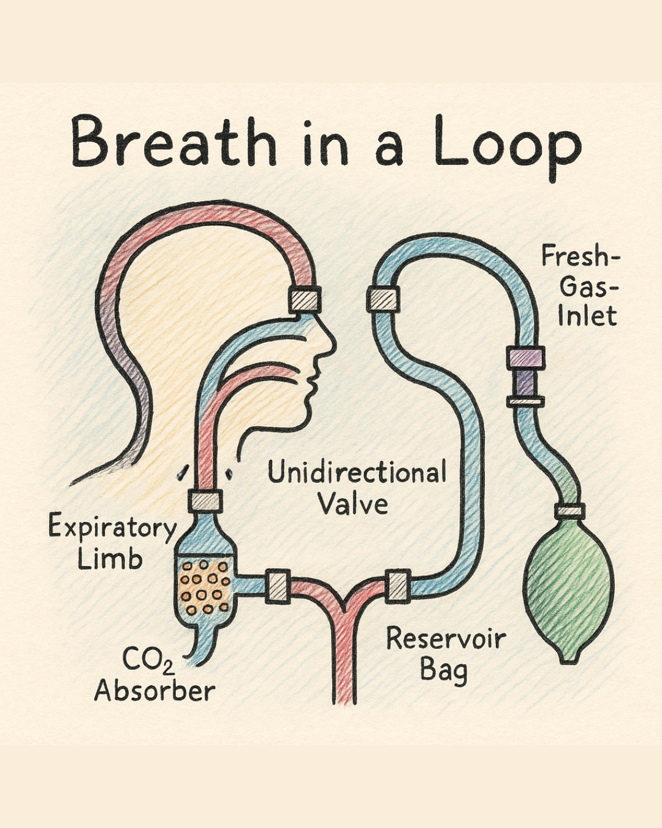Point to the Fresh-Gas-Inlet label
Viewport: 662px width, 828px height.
(579, 285)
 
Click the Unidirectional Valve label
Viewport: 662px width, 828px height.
(357, 488)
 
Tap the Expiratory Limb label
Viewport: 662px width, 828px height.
(112, 542)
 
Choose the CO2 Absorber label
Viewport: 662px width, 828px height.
(154, 675)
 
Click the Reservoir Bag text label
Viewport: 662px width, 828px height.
(446, 653)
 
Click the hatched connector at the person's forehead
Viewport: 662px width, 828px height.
(305, 299)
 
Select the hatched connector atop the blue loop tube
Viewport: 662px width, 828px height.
(383, 299)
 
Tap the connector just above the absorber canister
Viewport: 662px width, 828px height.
(204, 501)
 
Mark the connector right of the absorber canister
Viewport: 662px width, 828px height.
(277, 586)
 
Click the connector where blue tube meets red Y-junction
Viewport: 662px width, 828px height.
(398, 585)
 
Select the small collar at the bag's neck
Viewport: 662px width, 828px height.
(569, 510)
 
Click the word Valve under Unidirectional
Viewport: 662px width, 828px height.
(353, 504)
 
